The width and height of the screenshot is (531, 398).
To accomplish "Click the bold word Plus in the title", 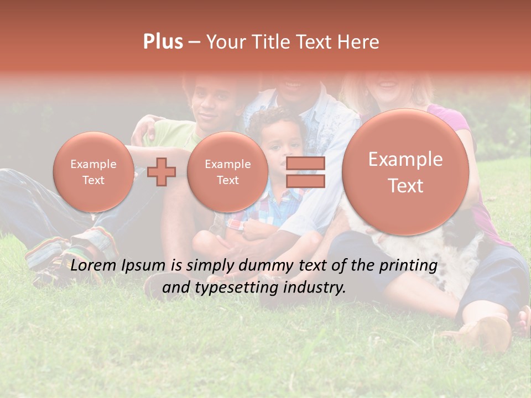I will tap(163, 42).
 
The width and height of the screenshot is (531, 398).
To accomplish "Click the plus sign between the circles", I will tap(162, 171).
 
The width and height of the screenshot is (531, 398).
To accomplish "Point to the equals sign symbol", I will tap(305, 172).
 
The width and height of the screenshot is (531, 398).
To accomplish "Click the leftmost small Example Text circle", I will tap(93, 172).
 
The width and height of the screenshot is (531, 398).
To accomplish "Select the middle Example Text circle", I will tap(227, 172).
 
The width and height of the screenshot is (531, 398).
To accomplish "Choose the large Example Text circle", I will tap(405, 172).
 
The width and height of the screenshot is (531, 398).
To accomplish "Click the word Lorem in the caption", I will tap(92, 266).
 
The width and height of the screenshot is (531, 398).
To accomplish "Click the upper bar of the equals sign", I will tap(305, 164).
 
